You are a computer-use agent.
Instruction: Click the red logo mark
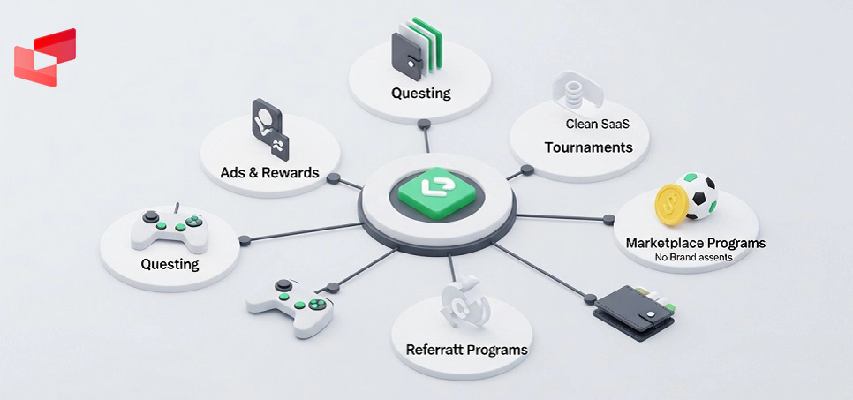point(45,57)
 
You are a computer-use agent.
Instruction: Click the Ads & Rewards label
point(269,172)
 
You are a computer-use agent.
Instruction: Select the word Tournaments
point(588,147)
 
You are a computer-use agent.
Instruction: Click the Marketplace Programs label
point(695,242)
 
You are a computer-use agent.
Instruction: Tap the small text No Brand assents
point(693,257)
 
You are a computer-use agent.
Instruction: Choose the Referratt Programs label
point(466,349)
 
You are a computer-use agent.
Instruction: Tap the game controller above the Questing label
point(169,229)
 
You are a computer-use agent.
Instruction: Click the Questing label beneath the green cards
point(421,93)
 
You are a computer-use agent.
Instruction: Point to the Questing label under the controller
point(170,264)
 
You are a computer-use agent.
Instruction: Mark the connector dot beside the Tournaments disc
point(526,170)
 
